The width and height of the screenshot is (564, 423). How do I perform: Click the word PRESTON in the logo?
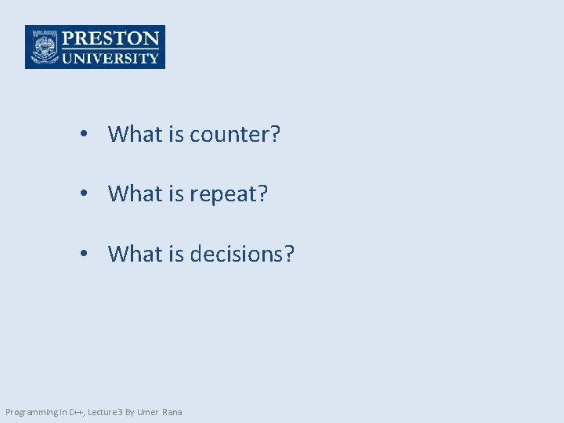[110, 38]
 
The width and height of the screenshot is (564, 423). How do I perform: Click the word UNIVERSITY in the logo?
[110, 57]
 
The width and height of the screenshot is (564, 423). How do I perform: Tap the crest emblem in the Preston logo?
[44, 48]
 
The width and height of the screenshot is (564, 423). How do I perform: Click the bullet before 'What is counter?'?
[83, 135]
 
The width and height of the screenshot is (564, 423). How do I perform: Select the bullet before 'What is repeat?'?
[83, 194]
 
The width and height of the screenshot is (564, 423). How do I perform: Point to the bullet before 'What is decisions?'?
[83, 254]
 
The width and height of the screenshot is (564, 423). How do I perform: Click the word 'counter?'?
[235, 135]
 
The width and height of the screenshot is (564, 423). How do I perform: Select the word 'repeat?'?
[229, 194]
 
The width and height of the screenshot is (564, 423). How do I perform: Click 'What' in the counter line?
[135, 135]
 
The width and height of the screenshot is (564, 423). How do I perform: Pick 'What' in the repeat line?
[135, 194]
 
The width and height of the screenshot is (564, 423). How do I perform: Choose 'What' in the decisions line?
[135, 254]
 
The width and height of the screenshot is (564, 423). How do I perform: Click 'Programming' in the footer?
[31, 412]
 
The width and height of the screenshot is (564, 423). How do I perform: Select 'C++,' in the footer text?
[78, 412]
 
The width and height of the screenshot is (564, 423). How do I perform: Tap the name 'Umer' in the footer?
[149, 412]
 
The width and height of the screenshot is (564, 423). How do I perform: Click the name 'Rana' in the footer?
[172, 412]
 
